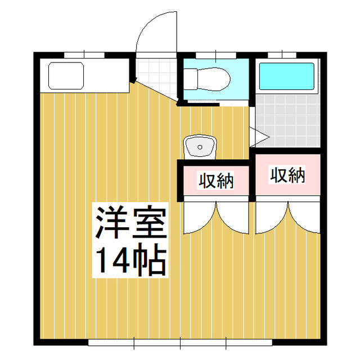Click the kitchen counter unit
(84, 76)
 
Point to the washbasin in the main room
(199, 147)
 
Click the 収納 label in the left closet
(215, 181)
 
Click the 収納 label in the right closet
(287, 175)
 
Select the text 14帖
(130, 259)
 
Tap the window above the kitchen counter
(84, 55)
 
